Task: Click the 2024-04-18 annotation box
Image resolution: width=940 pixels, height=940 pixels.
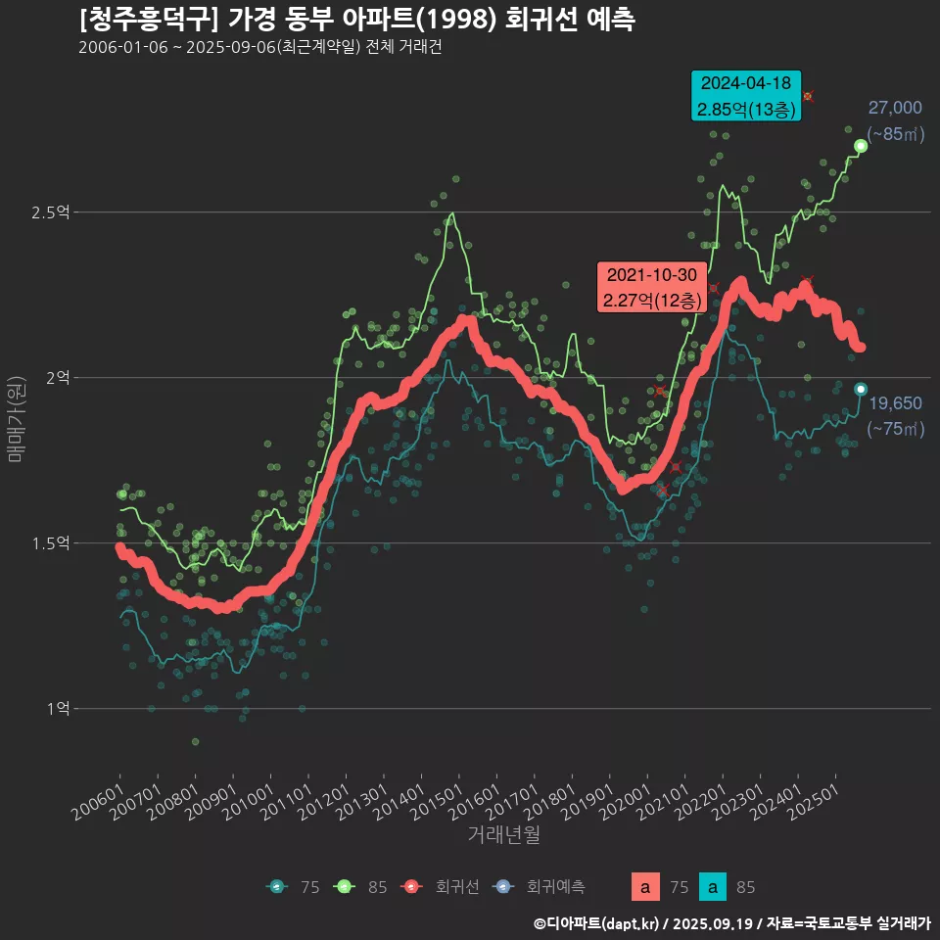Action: pyautogui.click(x=746, y=96)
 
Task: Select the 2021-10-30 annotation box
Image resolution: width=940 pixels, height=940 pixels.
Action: pyautogui.click(x=651, y=288)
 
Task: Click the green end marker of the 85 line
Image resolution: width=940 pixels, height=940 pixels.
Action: pyautogui.click(x=861, y=146)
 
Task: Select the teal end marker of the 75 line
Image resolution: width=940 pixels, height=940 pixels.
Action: pyautogui.click(x=861, y=390)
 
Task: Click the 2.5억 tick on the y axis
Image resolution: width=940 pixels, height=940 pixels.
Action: pyautogui.click(x=56, y=212)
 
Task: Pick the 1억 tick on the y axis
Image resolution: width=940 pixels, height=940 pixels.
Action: pyautogui.click(x=60, y=708)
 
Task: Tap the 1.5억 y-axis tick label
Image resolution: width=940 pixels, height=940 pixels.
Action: pyautogui.click(x=56, y=543)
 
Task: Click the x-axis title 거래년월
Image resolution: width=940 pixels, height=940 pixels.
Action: pyautogui.click(x=504, y=834)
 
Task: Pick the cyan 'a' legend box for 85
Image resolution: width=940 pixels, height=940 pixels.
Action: pyautogui.click(x=715, y=887)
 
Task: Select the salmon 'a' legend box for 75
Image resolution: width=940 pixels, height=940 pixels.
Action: pyautogui.click(x=644, y=887)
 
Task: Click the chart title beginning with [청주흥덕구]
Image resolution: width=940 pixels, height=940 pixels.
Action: pyautogui.click(x=356, y=20)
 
